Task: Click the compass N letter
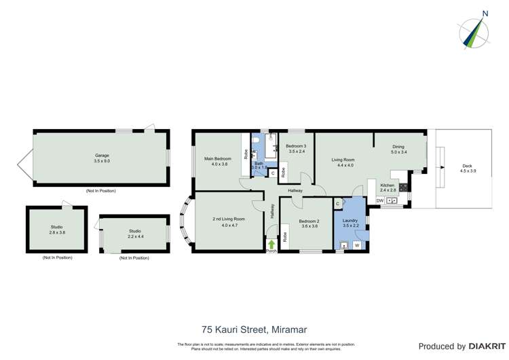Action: click(x=485, y=12)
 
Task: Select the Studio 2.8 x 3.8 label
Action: click(x=57, y=230)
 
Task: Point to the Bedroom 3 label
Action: click(x=296, y=149)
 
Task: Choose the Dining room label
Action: click(x=399, y=149)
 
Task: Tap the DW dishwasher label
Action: click(x=379, y=201)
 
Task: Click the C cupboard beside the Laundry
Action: click(x=337, y=204)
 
